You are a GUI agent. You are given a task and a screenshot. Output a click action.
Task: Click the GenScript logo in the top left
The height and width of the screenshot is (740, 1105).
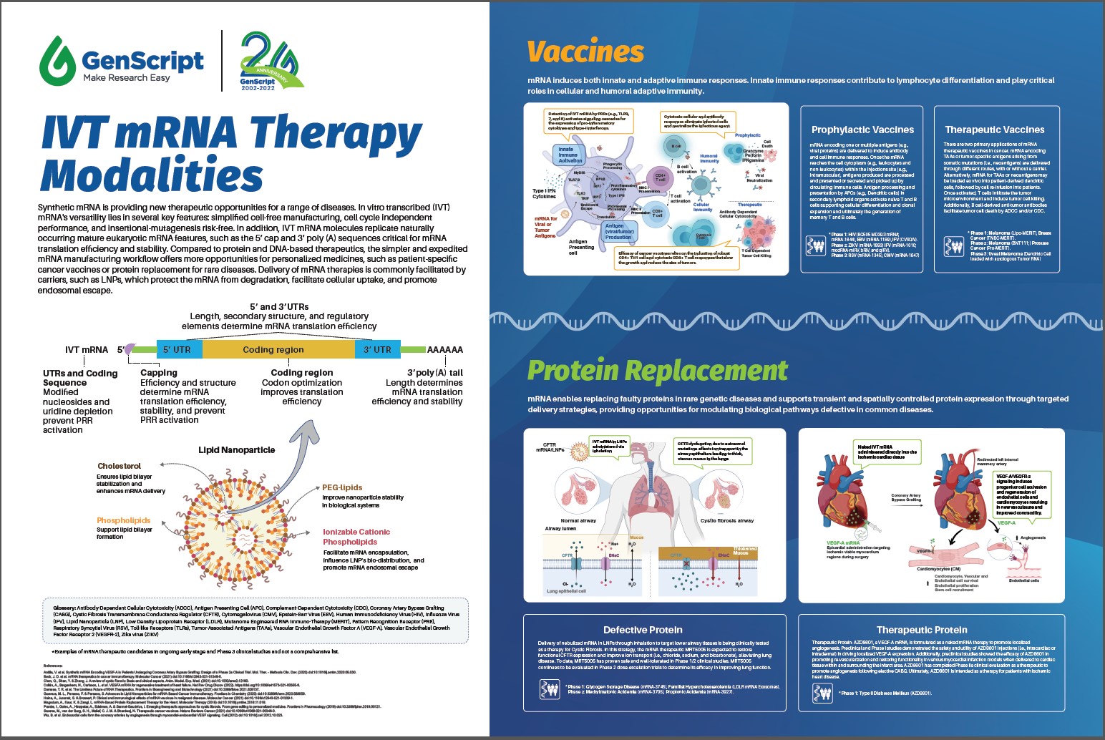122,60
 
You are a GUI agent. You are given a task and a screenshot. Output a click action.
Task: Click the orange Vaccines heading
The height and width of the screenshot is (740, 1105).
585,52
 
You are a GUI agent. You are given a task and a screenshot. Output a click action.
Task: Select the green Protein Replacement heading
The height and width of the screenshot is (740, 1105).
657,371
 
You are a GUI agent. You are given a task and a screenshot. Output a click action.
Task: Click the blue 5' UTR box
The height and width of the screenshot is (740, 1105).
177,349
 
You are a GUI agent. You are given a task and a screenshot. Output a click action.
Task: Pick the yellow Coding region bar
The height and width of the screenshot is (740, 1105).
273,349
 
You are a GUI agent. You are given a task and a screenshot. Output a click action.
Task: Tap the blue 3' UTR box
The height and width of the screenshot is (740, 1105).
377,349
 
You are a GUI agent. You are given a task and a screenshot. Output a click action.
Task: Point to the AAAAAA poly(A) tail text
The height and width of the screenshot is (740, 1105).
444,349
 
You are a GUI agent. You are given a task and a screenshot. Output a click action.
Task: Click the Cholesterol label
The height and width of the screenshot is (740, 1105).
120,466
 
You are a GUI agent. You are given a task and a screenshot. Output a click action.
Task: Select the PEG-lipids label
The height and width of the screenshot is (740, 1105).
342,487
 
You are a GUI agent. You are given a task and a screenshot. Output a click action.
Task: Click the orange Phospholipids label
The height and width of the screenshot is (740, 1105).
124,520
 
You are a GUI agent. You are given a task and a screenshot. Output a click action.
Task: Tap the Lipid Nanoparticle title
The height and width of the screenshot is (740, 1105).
236,450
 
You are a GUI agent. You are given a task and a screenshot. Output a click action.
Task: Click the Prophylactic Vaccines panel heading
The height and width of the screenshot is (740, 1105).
862,130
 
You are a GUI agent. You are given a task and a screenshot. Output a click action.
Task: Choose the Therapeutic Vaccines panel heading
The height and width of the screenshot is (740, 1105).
994,130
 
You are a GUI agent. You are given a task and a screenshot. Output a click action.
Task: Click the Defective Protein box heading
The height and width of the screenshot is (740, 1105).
643,630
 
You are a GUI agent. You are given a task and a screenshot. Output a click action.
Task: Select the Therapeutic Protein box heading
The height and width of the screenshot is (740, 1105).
922,630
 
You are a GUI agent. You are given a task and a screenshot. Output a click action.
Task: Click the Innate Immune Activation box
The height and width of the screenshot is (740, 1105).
570,155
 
